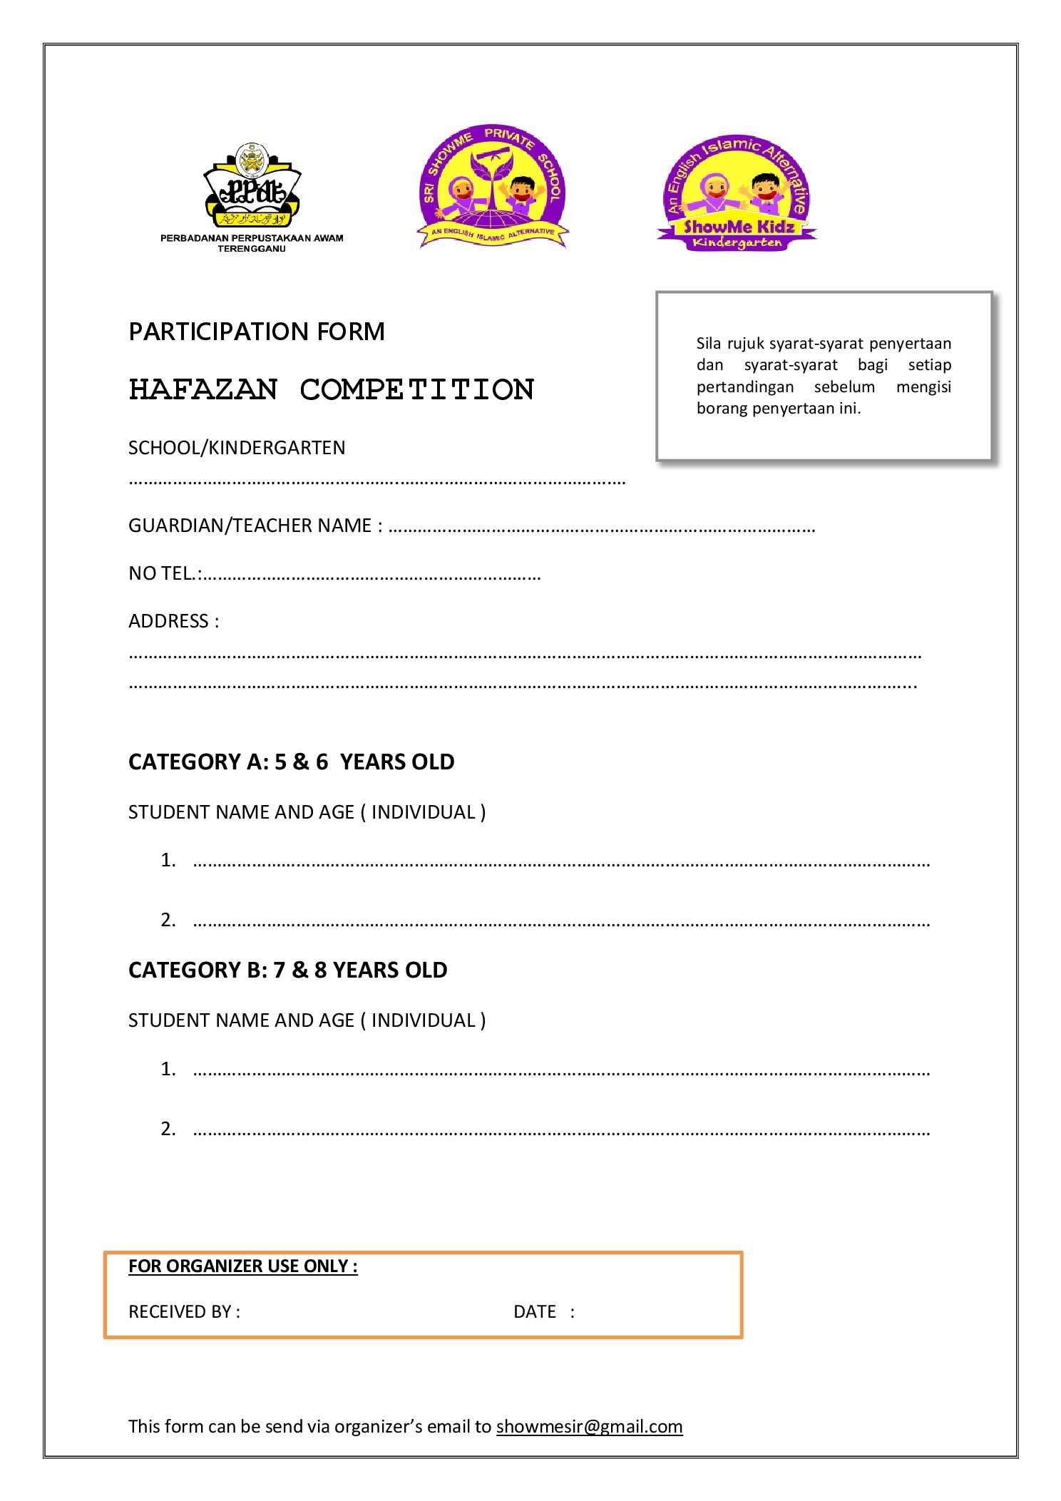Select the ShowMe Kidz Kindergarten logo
click(737, 193)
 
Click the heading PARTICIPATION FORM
click(257, 332)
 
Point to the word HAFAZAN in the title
click(203, 389)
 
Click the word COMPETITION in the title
click(417, 389)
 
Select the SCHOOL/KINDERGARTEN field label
click(237, 448)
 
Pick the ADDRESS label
click(173, 621)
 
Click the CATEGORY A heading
click(291, 762)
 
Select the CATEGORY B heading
click(287, 970)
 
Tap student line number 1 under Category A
click(560, 861)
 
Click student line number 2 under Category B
click(560, 1129)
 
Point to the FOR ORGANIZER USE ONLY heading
click(242, 1266)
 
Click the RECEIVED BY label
click(184, 1311)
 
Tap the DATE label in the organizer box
click(535, 1311)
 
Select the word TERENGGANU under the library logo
click(251, 249)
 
